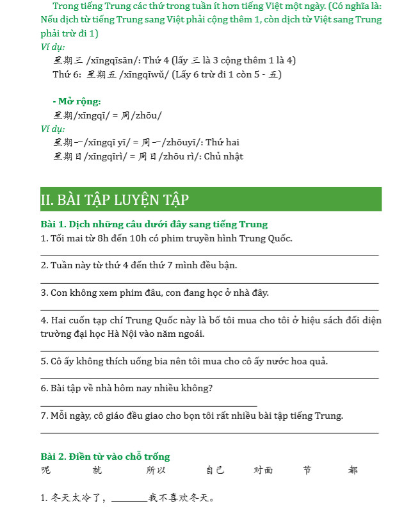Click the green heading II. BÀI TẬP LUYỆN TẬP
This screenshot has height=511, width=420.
click(115, 200)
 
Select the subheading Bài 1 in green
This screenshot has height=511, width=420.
click(154, 224)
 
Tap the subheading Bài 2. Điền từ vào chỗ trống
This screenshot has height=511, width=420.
click(105, 457)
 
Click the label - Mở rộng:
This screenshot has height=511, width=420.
click(77, 101)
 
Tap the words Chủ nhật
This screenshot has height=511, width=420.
click(223, 156)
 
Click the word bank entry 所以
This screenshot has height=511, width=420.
click(156, 471)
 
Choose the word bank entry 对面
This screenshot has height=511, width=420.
click(263, 471)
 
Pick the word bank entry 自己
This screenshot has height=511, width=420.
click(215, 471)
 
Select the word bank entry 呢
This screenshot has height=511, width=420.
click(45, 471)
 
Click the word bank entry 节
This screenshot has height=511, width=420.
click(307, 471)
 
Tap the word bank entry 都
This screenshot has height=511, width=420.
click(353, 471)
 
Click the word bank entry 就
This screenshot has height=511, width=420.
click(97, 471)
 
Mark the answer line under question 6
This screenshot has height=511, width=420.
click(149, 405)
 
